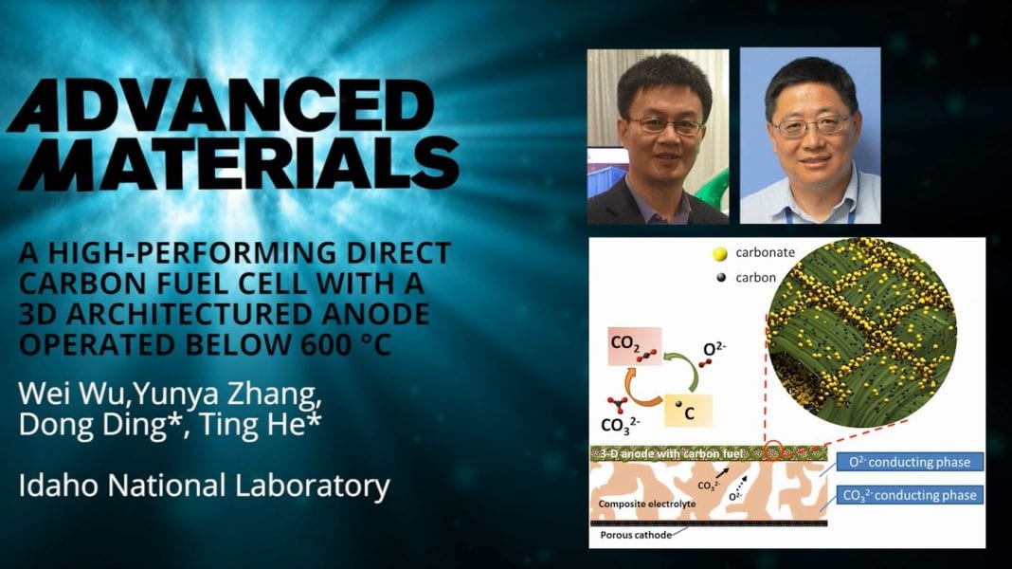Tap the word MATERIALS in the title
click(239, 164)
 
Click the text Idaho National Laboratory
click(204, 486)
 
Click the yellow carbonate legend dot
click(719, 254)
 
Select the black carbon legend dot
click(721, 278)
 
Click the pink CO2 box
click(635, 346)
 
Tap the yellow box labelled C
click(688, 411)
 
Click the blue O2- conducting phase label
click(910, 462)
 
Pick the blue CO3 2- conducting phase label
click(910, 495)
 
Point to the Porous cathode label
click(636, 535)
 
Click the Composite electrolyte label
click(646, 504)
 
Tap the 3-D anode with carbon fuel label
click(674, 453)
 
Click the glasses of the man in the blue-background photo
click(812, 125)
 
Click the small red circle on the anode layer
click(772, 450)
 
